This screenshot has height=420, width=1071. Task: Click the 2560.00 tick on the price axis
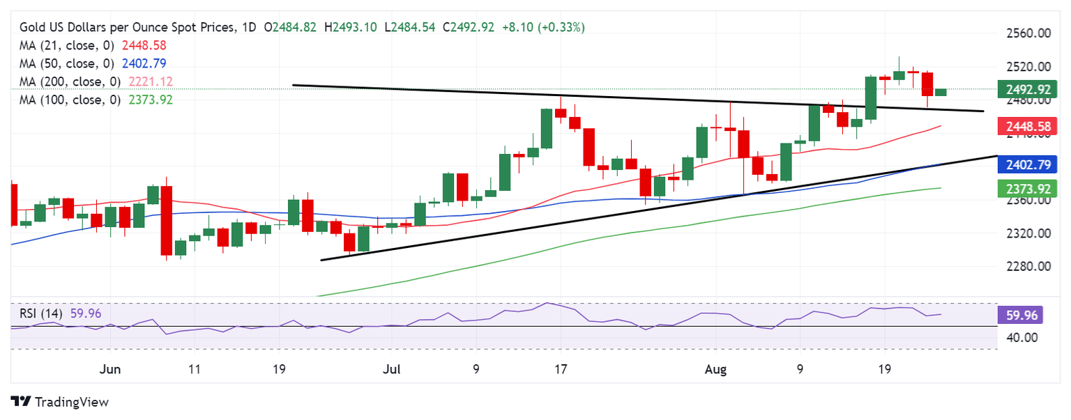pyautogui.click(x=1027, y=33)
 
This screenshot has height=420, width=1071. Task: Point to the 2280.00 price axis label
pyautogui.click(x=1027, y=266)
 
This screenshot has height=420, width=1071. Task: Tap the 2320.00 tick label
pyautogui.click(x=1027, y=233)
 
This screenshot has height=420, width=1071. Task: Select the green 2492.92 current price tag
pyautogui.click(x=1028, y=89)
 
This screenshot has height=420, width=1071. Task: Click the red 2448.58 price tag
pyautogui.click(x=1028, y=127)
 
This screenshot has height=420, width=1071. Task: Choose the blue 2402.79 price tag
pyautogui.click(x=1028, y=165)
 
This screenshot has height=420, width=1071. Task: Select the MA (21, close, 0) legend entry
pyautogui.click(x=93, y=45)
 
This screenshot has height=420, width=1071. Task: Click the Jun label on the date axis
pyautogui.click(x=110, y=369)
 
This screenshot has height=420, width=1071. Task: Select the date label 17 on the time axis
pyautogui.click(x=560, y=369)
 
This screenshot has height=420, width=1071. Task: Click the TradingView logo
pyautogui.click(x=60, y=402)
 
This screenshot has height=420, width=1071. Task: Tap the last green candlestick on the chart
pyautogui.click(x=941, y=92)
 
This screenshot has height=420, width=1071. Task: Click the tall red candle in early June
pyautogui.click(x=166, y=221)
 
